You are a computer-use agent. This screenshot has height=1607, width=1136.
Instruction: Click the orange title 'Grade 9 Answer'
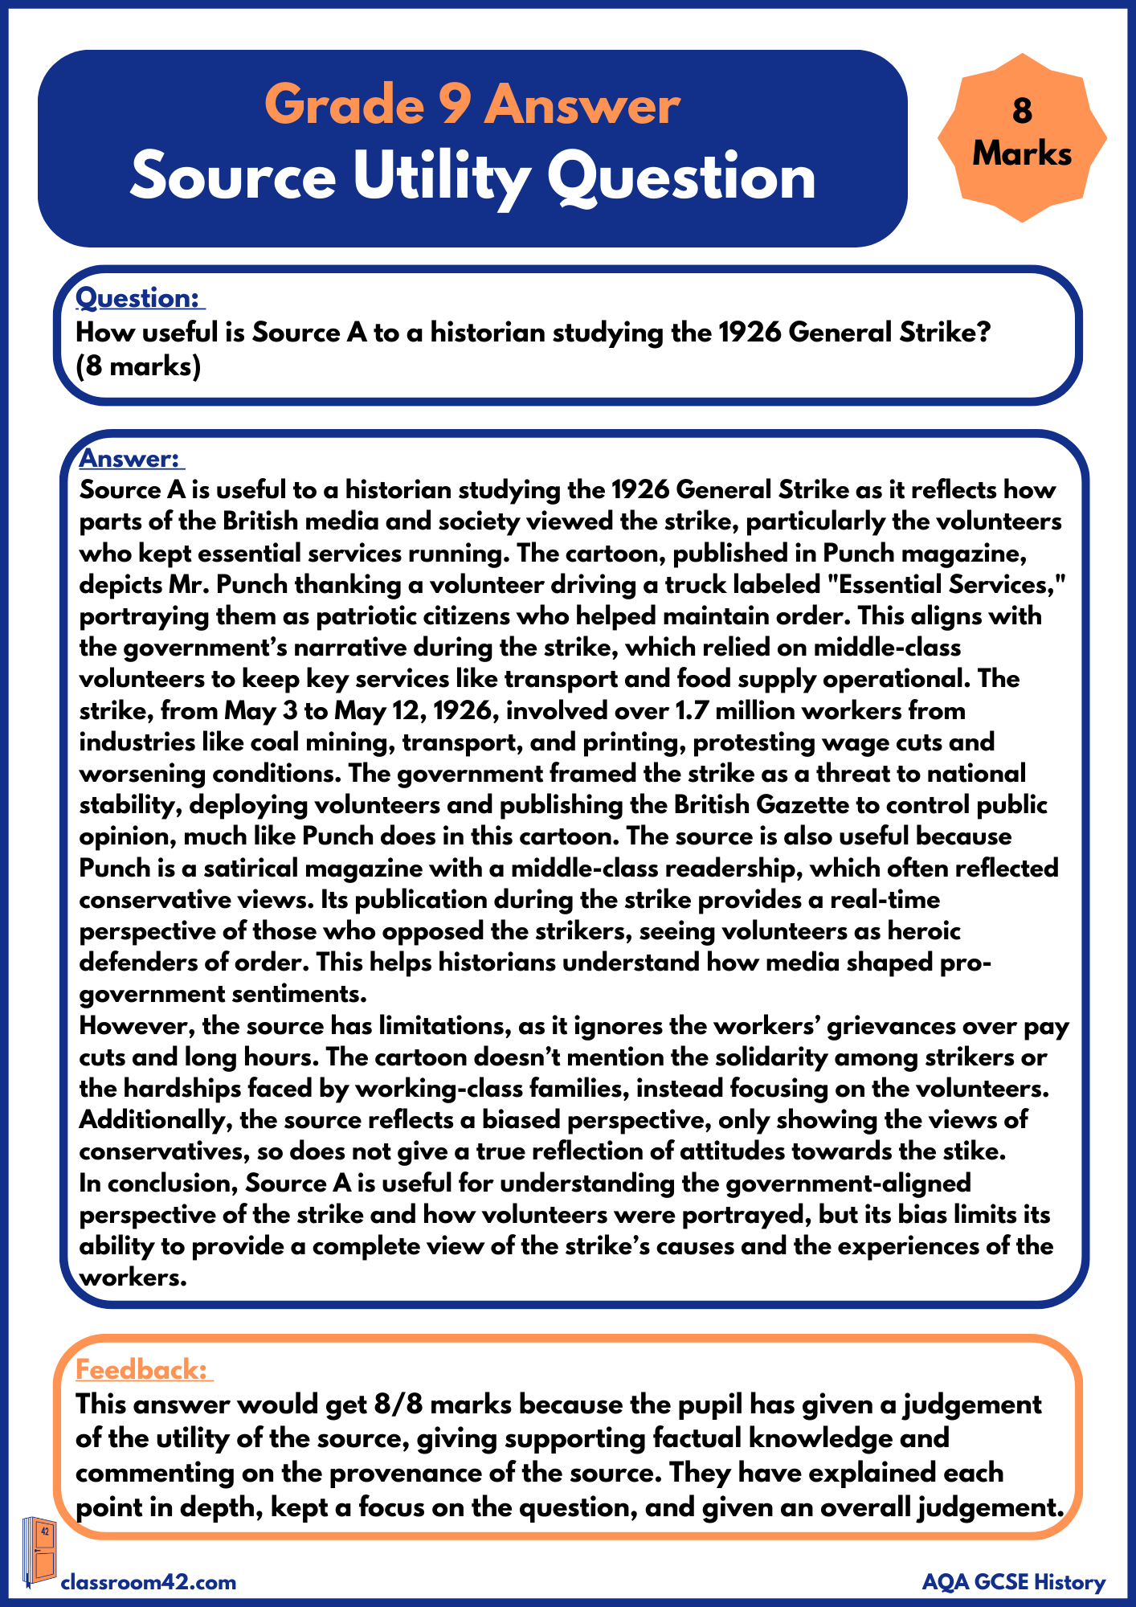(472, 105)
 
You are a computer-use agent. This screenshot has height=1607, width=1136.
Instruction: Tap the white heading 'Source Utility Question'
(472, 177)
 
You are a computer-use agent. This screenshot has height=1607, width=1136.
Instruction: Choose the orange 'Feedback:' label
(142, 1369)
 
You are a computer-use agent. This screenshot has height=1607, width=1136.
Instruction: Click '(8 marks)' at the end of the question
(137, 366)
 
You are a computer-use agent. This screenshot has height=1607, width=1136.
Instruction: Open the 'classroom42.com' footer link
(149, 1582)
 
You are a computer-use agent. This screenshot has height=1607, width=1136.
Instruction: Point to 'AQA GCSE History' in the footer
(1013, 1582)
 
